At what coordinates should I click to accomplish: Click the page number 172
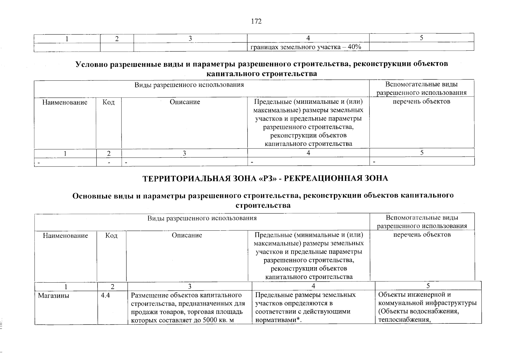click(x=256, y=21)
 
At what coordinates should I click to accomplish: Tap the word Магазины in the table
click(x=53, y=295)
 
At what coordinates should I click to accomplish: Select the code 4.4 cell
click(x=106, y=295)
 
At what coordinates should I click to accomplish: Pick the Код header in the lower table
click(x=111, y=235)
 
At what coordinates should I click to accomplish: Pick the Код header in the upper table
click(x=109, y=102)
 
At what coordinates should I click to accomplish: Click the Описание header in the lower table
click(x=187, y=235)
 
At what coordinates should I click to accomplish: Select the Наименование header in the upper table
click(x=65, y=102)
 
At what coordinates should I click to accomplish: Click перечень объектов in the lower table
click(x=422, y=235)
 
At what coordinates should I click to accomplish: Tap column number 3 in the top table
click(x=190, y=38)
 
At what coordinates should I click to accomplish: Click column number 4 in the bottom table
click(x=313, y=286)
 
